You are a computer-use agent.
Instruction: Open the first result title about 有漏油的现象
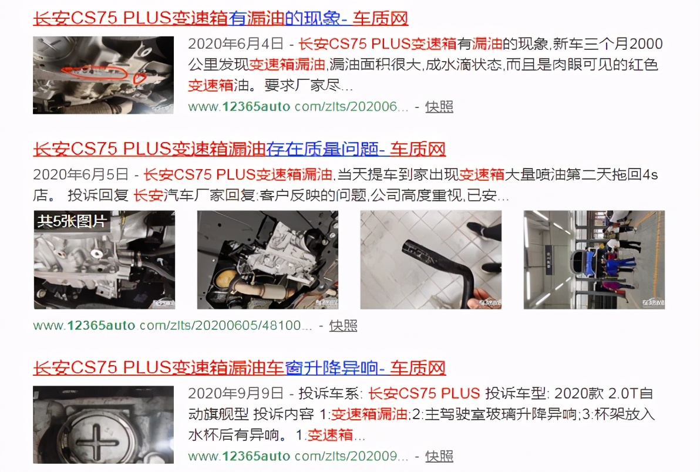(x=221, y=18)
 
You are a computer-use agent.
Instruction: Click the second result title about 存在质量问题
(x=239, y=149)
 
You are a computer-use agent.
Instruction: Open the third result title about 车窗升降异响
(x=239, y=368)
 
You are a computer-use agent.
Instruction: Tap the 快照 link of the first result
(x=439, y=107)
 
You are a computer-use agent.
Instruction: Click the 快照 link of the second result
(x=343, y=326)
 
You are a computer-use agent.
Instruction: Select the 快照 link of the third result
(x=439, y=456)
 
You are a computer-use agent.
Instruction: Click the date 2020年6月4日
(x=235, y=43)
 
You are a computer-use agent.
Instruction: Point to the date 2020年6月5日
(x=81, y=174)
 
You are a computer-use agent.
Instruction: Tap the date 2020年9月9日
(x=235, y=393)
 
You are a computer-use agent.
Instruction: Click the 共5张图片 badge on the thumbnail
(x=72, y=221)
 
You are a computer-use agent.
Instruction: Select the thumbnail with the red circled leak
(x=103, y=75)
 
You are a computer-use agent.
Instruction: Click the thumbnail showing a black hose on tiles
(x=431, y=259)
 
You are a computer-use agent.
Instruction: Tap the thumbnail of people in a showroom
(x=594, y=259)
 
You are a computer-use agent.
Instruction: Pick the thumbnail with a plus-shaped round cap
(x=103, y=424)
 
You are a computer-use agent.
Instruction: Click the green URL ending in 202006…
(x=298, y=107)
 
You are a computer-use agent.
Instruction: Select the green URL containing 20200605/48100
(x=172, y=326)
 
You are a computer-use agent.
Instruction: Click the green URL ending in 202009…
(x=298, y=456)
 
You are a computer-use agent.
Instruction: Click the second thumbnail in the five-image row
(x=268, y=259)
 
